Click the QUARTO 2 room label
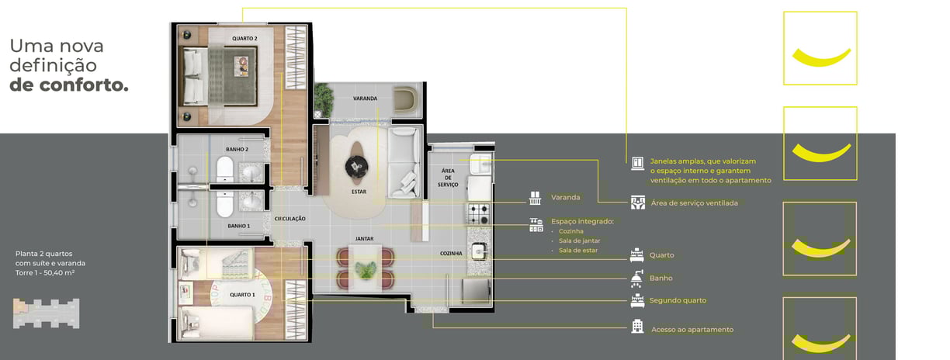click(244, 39)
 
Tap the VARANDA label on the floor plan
click(365, 99)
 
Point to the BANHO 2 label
click(237, 149)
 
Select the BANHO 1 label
click(239, 226)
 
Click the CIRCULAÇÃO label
click(290, 219)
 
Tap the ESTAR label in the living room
click(359, 192)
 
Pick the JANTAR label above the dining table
click(364, 239)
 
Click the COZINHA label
click(451, 254)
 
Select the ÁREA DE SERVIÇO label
click(449, 178)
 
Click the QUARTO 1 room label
click(243, 295)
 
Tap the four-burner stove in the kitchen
click(479, 214)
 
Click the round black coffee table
click(357, 166)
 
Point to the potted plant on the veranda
click(324, 99)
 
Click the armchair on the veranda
click(406, 100)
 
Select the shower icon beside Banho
click(636, 279)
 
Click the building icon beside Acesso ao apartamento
click(637, 326)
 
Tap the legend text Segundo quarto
click(678, 300)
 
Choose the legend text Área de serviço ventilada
click(695, 203)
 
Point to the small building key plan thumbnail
click(47, 313)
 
